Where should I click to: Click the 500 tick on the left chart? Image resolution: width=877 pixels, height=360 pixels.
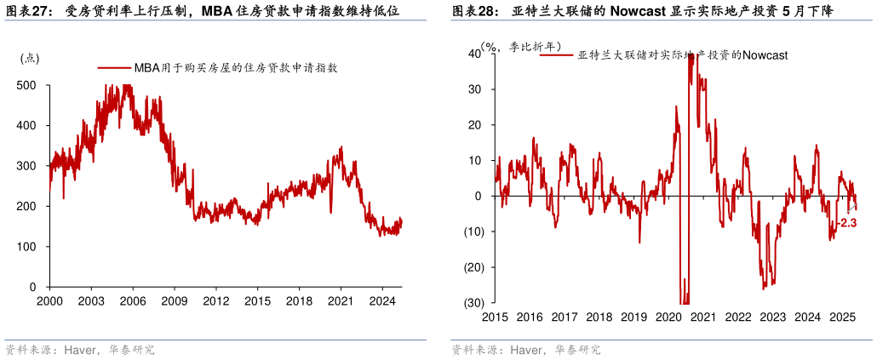pyautogui.click(x=28, y=85)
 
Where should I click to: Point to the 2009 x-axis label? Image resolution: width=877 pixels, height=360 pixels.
pyautogui.click(x=174, y=300)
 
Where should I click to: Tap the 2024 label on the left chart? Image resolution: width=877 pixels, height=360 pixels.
pyautogui.click(x=382, y=300)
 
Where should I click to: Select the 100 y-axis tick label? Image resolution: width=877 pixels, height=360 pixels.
pyautogui.click(x=28, y=247)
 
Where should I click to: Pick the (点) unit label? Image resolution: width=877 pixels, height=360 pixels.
pyautogui.click(x=30, y=58)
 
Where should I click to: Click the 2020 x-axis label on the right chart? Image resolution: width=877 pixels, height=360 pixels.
pyautogui.click(x=668, y=317)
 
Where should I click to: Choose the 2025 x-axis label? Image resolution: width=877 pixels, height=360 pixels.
pyautogui.click(x=843, y=317)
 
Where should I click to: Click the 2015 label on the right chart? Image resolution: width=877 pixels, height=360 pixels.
pyautogui.click(x=494, y=317)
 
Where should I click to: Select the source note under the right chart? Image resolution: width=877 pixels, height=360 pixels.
pyautogui.click(x=525, y=350)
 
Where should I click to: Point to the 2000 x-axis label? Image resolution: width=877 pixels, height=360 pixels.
pyautogui.click(x=49, y=300)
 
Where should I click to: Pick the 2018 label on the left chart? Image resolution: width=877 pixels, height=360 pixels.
pyautogui.click(x=299, y=300)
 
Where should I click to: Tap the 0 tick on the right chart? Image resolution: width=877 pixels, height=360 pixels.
pyautogui.click(x=479, y=196)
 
